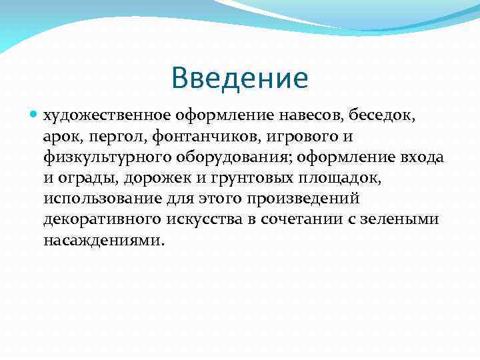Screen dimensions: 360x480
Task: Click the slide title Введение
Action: point(239,78)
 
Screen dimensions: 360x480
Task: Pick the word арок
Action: point(59,137)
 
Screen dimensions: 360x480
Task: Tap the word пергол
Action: point(107,137)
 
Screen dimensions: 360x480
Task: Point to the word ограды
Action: point(83,178)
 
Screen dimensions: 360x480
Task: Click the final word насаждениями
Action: point(102,240)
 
